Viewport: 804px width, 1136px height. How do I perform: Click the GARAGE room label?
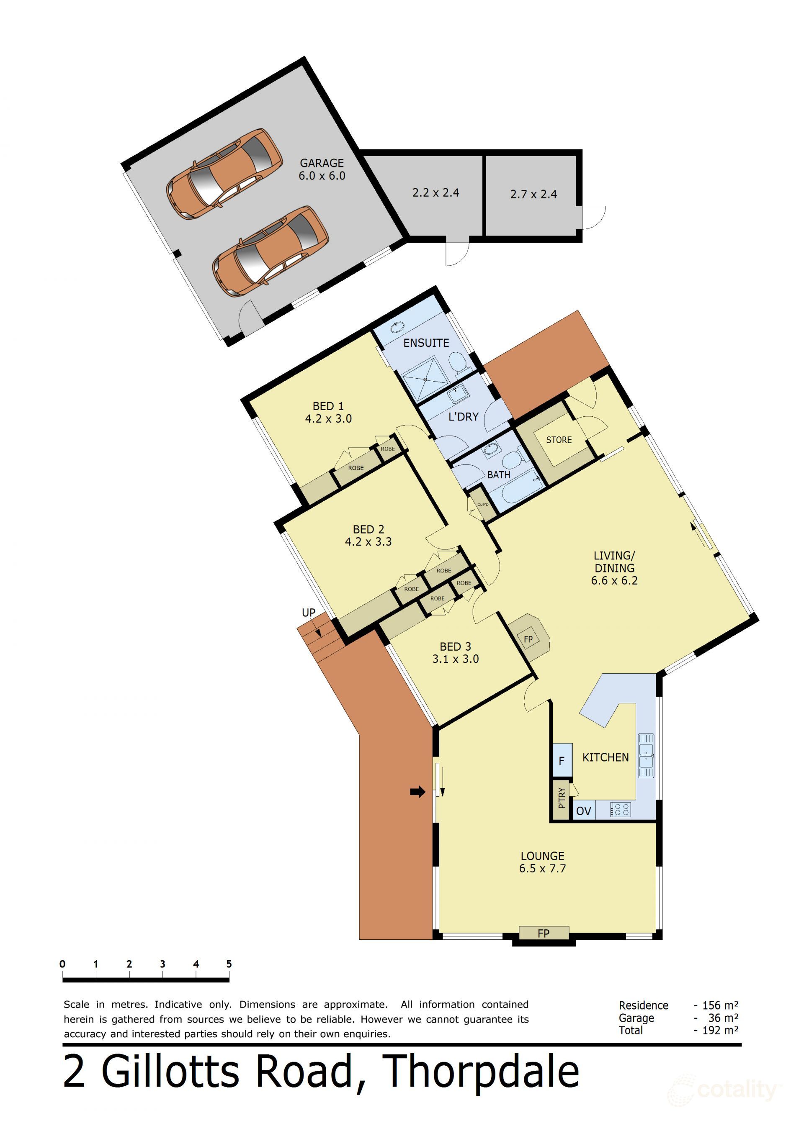click(x=322, y=163)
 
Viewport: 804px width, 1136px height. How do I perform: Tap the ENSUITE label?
click(x=426, y=343)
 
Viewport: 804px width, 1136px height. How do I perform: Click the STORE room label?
click(x=559, y=440)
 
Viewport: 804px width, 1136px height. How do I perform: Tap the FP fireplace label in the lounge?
click(x=544, y=933)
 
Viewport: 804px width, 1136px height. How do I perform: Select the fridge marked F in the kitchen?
click(x=562, y=760)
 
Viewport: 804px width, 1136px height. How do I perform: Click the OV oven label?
click(x=584, y=811)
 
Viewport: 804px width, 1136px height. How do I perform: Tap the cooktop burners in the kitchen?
click(x=621, y=810)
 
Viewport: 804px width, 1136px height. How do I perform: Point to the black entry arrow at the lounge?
click(x=418, y=792)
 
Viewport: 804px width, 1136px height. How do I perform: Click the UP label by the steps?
click(x=309, y=613)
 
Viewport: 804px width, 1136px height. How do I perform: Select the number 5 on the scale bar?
click(x=229, y=963)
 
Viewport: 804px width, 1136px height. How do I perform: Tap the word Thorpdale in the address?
click(x=481, y=1071)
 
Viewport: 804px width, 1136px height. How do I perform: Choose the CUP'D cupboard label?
click(x=483, y=505)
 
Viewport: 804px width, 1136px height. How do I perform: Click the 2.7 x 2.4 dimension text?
click(x=533, y=195)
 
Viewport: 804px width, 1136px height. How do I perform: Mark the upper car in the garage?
click(x=224, y=174)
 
